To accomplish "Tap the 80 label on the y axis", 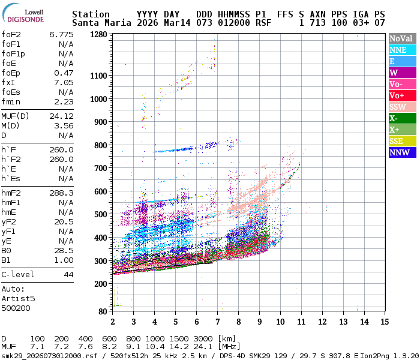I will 102,311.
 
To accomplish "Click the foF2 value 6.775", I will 61,35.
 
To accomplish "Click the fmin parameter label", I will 11,102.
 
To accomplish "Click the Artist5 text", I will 18,298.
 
